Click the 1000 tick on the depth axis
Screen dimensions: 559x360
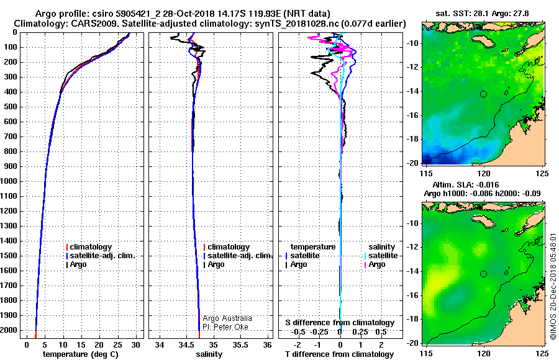[9, 181]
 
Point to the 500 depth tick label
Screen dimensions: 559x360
[11, 107]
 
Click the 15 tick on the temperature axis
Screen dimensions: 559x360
[81, 345]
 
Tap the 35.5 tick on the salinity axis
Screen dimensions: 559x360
[240, 345]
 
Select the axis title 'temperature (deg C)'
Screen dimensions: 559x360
[81, 354]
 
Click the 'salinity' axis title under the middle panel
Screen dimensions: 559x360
[209, 354]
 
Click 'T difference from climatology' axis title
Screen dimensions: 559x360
[339, 354]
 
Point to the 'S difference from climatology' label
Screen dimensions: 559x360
[340, 323]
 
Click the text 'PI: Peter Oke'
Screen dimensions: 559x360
[225, 327]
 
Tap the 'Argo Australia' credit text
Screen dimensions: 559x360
[227, 318]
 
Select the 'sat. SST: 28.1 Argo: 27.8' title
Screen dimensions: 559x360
[482, 14]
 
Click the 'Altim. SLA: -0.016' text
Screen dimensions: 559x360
[466, 185]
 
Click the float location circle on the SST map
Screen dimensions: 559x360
[483, 94]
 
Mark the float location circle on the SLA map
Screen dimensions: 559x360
[483, 274]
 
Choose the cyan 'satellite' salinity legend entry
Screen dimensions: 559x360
[381, 256]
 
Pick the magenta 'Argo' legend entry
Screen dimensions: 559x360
[375, 264]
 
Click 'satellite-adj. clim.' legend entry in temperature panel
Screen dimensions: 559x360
[101, 256]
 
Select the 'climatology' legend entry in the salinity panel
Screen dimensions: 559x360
[226, 246]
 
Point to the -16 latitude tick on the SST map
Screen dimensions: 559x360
[412, 115]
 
